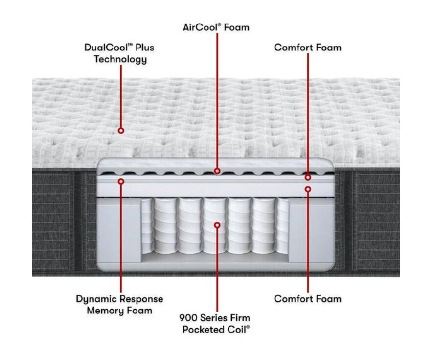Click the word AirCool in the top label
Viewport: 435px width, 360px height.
[x=200, y=27]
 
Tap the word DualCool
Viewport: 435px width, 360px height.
[x=106, y=48]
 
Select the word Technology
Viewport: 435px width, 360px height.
[x=120, y=59]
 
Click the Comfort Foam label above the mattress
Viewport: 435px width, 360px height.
[x=308, y=48]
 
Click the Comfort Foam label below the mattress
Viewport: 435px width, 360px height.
[x=308, y=299]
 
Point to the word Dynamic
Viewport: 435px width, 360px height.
[x=97, y=299]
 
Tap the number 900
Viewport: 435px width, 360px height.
[x=188, y=318]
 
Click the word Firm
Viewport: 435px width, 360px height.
[x=240, y=318]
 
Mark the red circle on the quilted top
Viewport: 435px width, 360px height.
[x=121, y=131]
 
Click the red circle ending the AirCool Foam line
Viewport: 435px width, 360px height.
[x=217, y=171]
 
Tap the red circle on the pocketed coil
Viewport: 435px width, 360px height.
[x=217, y=225]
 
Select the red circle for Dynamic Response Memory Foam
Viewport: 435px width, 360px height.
[x=121, y=181]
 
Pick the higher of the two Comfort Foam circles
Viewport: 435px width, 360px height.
[x=308, y=177]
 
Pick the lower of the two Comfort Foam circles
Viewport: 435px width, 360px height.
[x=308, y=189]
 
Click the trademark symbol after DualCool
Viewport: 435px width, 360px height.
[x=130, y=45]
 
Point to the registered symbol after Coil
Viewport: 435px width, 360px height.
[x=248, y=327]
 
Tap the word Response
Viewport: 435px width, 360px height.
[x=142, y=299]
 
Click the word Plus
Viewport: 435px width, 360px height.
[x=145, y=48]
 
